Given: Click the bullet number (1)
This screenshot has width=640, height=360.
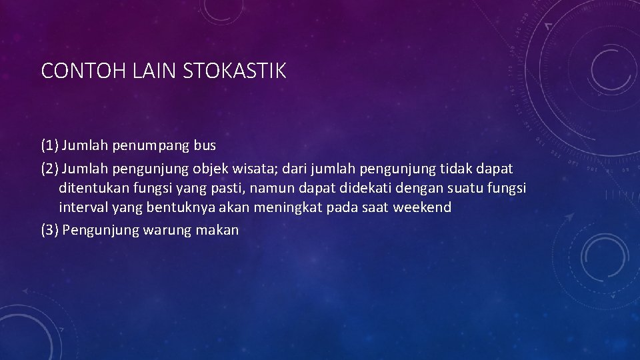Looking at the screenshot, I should tap(49, 145).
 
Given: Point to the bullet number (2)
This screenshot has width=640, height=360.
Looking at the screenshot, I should tap(49, 169).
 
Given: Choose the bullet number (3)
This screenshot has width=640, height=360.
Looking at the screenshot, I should tap(49, 230).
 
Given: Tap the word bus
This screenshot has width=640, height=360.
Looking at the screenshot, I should tap(205, 145).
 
